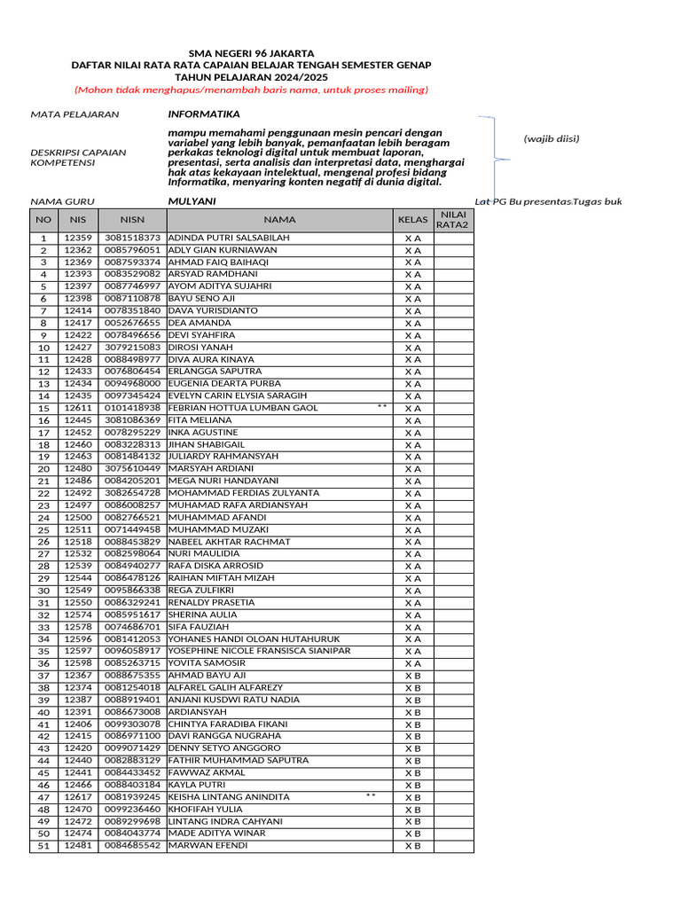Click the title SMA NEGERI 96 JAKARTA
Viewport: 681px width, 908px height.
click(251, 53)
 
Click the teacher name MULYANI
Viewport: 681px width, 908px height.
click(192, 201)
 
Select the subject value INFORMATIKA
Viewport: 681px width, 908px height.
click(204, 114)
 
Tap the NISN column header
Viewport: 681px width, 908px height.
click(132, 220)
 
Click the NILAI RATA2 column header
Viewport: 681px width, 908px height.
click(453, 220)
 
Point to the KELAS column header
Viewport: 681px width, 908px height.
click(413, 220)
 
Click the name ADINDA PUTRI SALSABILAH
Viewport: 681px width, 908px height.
click(228, 239)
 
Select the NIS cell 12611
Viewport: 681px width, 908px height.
click(78, 408)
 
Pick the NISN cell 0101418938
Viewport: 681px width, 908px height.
click(132, 408)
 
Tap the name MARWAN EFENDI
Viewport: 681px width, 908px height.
click(208, 845)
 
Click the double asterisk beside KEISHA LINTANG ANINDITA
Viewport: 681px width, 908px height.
click(371, 796)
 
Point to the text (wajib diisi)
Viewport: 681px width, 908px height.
click(551, 138)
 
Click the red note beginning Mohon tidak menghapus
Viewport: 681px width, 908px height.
click(251, 90)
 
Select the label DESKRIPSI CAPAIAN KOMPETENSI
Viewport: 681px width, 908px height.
click(78, 157)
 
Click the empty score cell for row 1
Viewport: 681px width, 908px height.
click(453, 239)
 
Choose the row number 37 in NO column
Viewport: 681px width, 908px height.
click(43, 676)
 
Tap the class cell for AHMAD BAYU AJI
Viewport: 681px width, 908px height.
click(413, 676)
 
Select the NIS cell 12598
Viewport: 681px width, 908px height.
click(78, 663)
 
